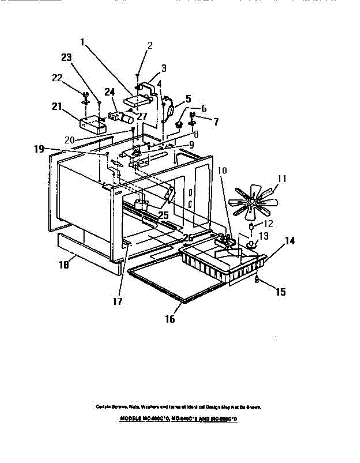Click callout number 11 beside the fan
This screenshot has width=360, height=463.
(282, 179)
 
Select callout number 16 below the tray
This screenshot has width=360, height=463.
(170, 319)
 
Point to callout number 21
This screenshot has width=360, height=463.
(57, 106)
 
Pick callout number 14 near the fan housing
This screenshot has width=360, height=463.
(290, 241)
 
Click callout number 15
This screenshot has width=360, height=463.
(281, 292)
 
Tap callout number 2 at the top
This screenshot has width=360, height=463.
(150, 46)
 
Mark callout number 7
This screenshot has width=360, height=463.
(216, 122)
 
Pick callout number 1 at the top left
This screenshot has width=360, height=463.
(82, 41)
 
